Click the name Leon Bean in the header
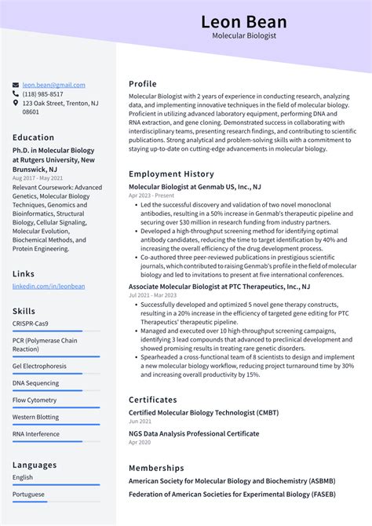244,21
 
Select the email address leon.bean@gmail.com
53,85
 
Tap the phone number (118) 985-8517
43,93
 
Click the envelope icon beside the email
16,85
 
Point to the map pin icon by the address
16,103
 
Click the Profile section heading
143,84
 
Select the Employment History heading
171,174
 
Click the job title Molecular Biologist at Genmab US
195,187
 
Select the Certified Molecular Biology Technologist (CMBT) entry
203,413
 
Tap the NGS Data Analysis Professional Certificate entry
194,433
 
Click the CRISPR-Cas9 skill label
31,323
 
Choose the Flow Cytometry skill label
35,400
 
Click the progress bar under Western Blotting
56,425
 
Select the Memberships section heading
156,467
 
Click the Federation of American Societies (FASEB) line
232,495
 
